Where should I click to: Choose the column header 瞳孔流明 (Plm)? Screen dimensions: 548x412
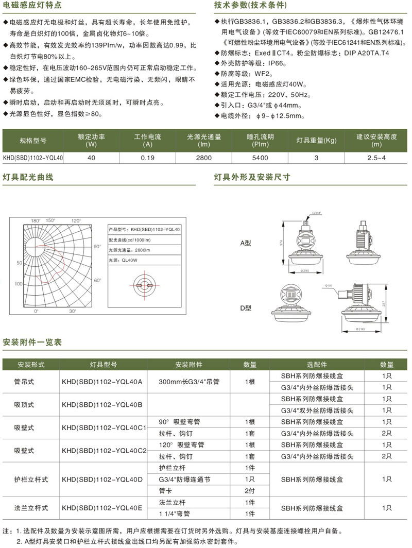coord(260,140)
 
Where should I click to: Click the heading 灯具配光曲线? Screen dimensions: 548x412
coord(28,177)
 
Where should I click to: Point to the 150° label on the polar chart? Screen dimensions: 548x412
coord(50,220)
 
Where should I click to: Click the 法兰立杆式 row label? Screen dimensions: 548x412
coord(31,508)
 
